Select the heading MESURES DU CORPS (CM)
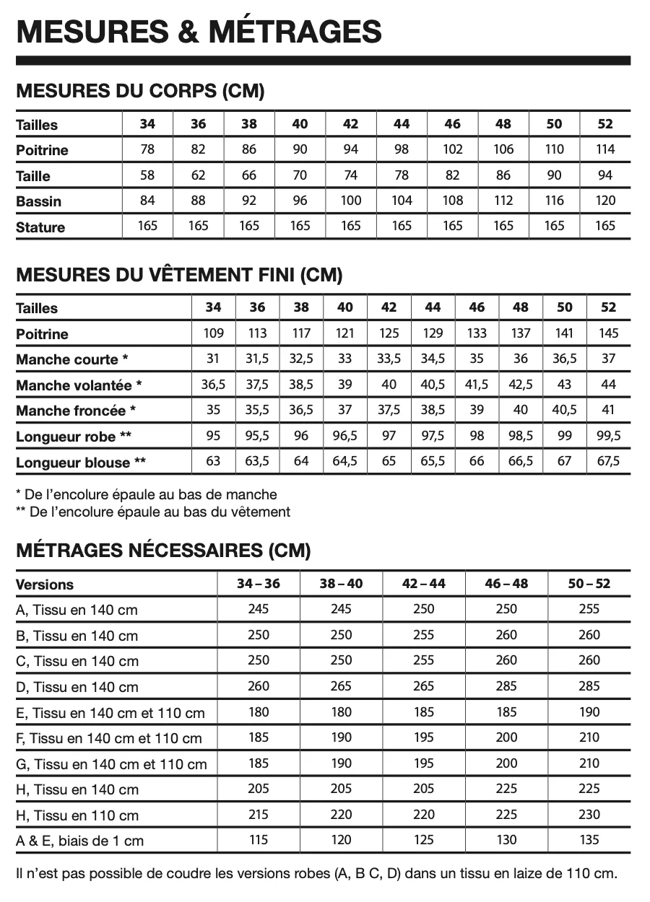tap(140, 91)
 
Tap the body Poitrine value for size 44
tap(402, 149)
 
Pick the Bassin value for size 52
tap(606, 201)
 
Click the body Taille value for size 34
tap(147, 175)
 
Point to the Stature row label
tap(40, 227)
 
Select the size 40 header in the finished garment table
tap(345, 307)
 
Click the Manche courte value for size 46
tap(477, 359)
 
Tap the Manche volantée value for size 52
tap(609, 385)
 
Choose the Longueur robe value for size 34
tap(213, 436)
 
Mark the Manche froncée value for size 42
tap(389, 410)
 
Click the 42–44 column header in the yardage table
tap(424, 583)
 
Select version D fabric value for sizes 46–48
tap(506, 686)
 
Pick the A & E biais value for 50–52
tap(589, 840)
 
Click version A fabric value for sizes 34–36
tap(259, 609)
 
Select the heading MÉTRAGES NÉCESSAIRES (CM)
tap(163, 551)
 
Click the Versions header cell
tap(45, 584)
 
